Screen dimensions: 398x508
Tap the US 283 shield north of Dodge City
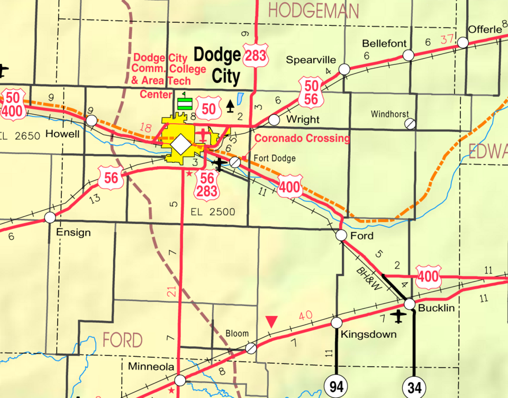(x=256, y=55)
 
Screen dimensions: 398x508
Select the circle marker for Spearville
(x=344, y=69)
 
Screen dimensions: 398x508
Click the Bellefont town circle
(x=408, y=55)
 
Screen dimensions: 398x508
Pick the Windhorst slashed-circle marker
(x=410, y=124)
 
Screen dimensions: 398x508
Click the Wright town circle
(x=274, y=120)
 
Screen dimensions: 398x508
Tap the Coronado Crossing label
(x=302, y=138)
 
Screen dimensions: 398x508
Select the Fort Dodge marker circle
(x=235, y=162)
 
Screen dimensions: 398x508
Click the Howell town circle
(x=92, y=121)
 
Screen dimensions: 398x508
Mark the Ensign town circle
(x=50, y=217)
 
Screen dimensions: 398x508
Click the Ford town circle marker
(x=341, y=235)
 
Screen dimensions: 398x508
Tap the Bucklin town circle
(x=410, y=304)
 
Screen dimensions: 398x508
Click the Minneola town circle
(x=180, y=380)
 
